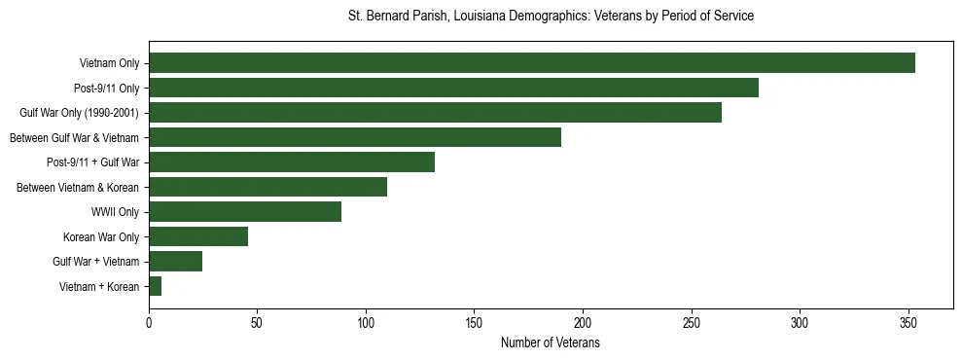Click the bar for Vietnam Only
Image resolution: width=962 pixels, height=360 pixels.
pyautogui.click(x=532, y=63)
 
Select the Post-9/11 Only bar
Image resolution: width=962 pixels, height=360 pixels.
pyautogui.click(x=453, y=89)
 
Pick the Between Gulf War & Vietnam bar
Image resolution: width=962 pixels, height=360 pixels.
pyautogui.click(x=355, y=137)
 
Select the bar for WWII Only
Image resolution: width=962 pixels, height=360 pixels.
pyautogui.click(x=245, y=212)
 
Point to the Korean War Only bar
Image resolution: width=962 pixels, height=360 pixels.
pyautogui.click(x=198, y=236)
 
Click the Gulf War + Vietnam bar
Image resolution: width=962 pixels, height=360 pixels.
pyautogui.click(x=176, y=262)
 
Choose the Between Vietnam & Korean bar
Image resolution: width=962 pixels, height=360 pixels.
pyautogui.click(x=267, y=187)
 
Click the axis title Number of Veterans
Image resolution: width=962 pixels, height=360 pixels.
pyautogui.click(x=550, y=343)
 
